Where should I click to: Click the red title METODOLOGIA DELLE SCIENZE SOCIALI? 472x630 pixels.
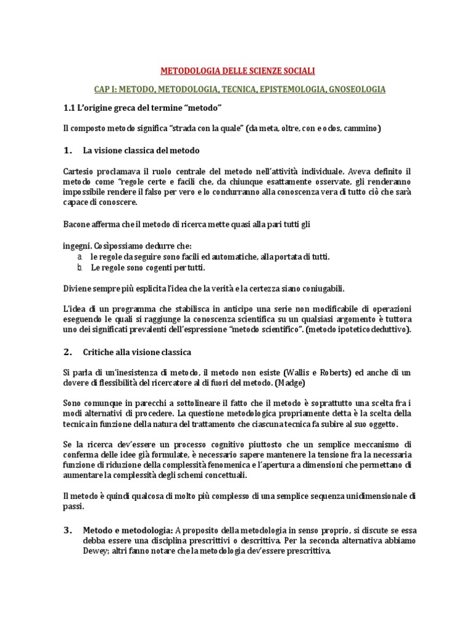coord(237,71)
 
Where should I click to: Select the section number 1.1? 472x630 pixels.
coord(69,109)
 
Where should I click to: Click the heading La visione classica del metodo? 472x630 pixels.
coord(141,150)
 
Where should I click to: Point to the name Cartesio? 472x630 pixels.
coord(79,171)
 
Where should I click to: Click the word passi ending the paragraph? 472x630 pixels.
coord(74,508)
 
